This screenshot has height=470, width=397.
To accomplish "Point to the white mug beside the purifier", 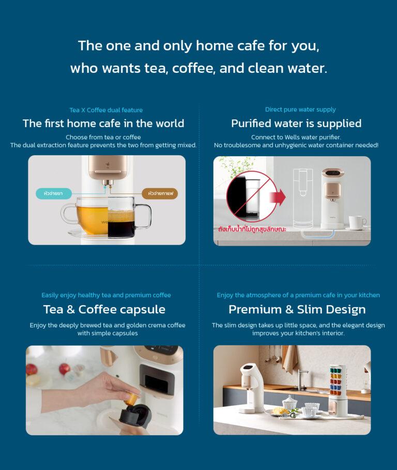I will (x=356, y=222).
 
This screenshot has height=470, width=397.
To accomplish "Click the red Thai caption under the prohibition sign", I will (x=252, y=228).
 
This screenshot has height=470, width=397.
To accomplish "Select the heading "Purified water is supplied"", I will (x=296, y=124).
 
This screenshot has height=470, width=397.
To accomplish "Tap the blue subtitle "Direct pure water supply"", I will (x=300, y=110).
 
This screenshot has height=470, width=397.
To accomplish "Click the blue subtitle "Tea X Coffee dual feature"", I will (x=106, y=110).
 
